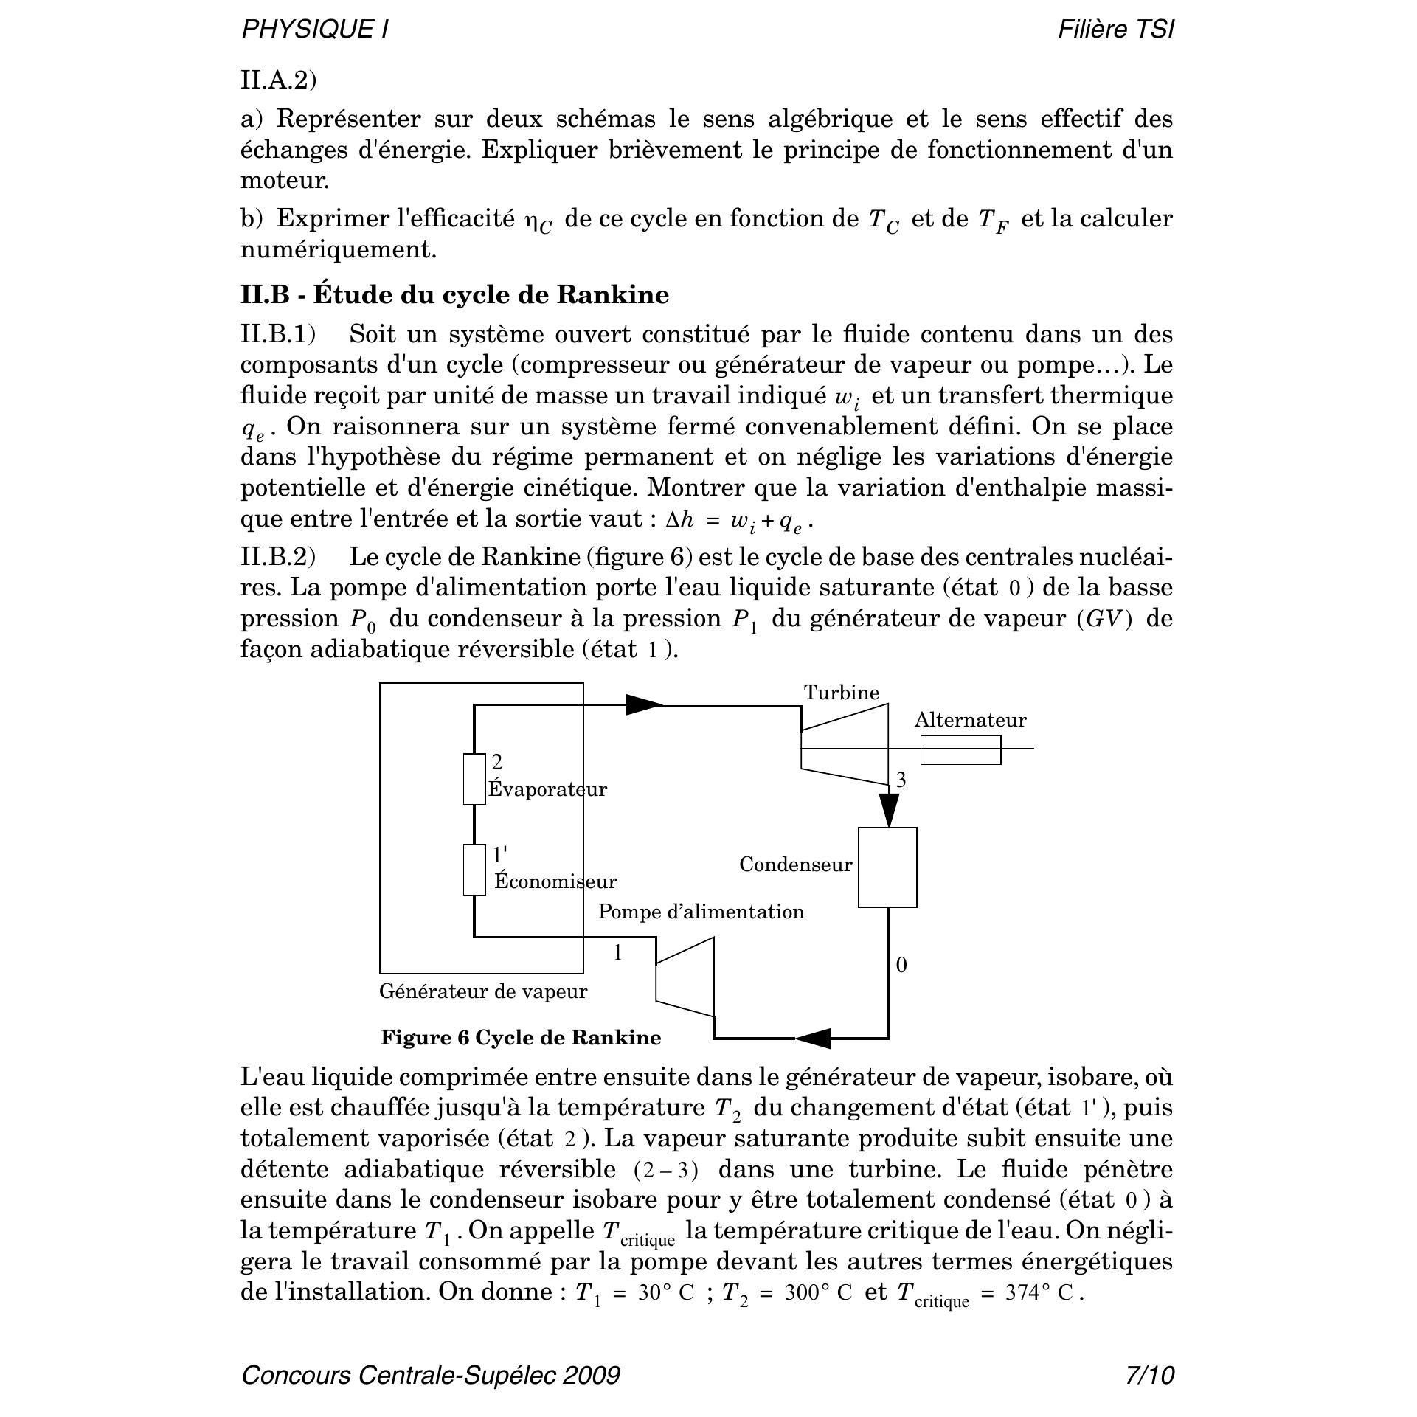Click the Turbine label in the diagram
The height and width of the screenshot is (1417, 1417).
[x=841, y=693]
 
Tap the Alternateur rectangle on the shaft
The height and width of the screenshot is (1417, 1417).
[x=960, y=749]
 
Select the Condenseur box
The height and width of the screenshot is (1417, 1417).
[x=887, y=867]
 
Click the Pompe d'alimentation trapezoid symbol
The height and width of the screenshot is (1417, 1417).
[x=685, y=977]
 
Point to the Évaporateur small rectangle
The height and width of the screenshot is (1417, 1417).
[x=474, y=778]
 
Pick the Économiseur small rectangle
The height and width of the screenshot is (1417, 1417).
[x=474, y=870]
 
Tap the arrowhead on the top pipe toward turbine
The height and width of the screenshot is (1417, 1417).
[x=645, y=705]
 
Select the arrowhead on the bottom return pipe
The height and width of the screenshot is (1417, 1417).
[x=814, y=1039]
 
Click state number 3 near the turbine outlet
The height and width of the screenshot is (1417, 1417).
[x=901, y=780]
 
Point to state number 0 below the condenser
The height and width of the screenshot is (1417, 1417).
[x=901, y=965]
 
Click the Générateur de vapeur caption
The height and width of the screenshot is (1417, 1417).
[x=483, y=991]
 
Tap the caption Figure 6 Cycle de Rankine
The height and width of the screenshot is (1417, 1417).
[x=521, y=1038]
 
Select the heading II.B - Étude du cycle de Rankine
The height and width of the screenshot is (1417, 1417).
[x=454, y=294]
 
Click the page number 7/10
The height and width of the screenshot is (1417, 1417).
[x=1149, y=1376]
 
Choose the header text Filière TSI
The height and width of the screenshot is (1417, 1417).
[x=1115, y=30]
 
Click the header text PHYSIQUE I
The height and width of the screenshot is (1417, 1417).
[x=315, y=30]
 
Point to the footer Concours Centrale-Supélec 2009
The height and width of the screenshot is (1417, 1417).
[x=431, y=1376]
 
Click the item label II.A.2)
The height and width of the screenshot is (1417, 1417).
[x=278, y=80]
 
